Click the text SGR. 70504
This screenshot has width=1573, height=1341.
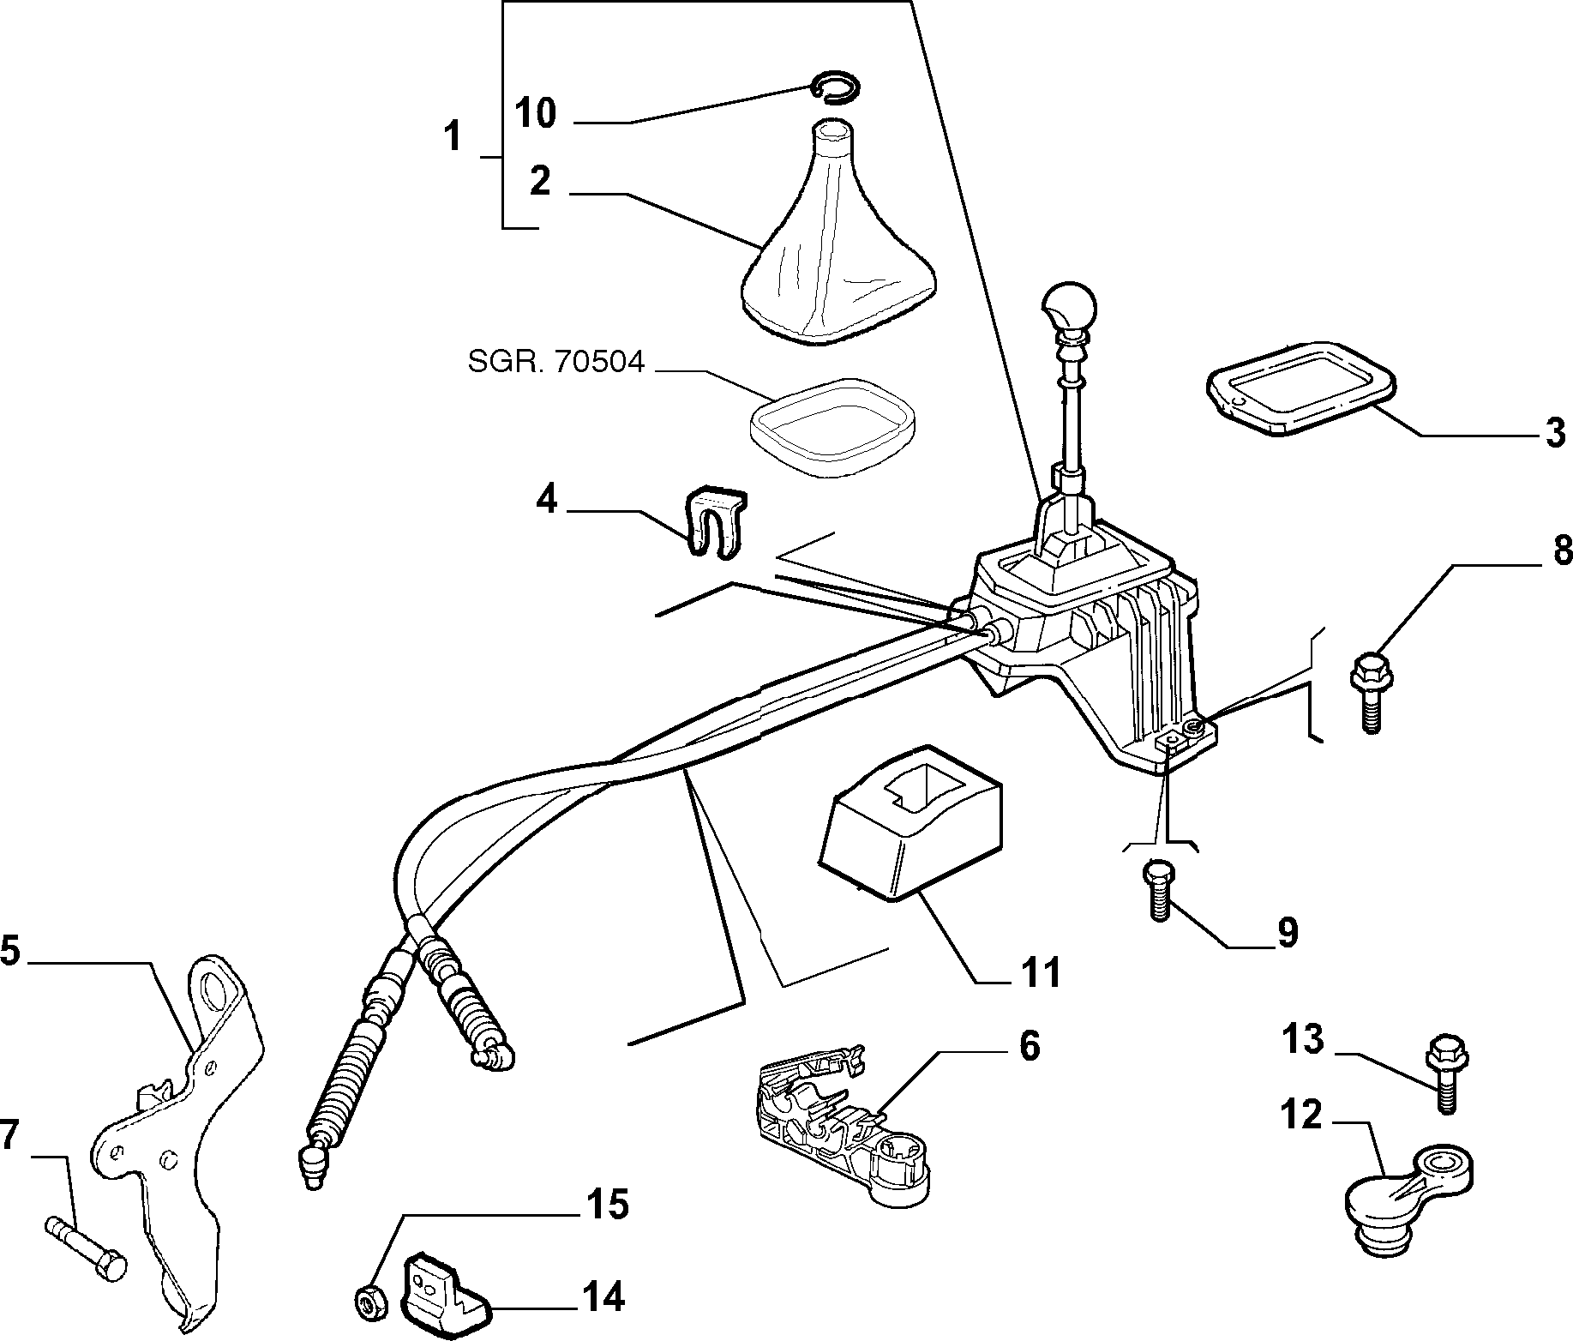coord(555,363)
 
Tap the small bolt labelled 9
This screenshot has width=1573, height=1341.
coord(1157,889)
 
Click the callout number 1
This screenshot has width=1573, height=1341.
coord(453,136)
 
